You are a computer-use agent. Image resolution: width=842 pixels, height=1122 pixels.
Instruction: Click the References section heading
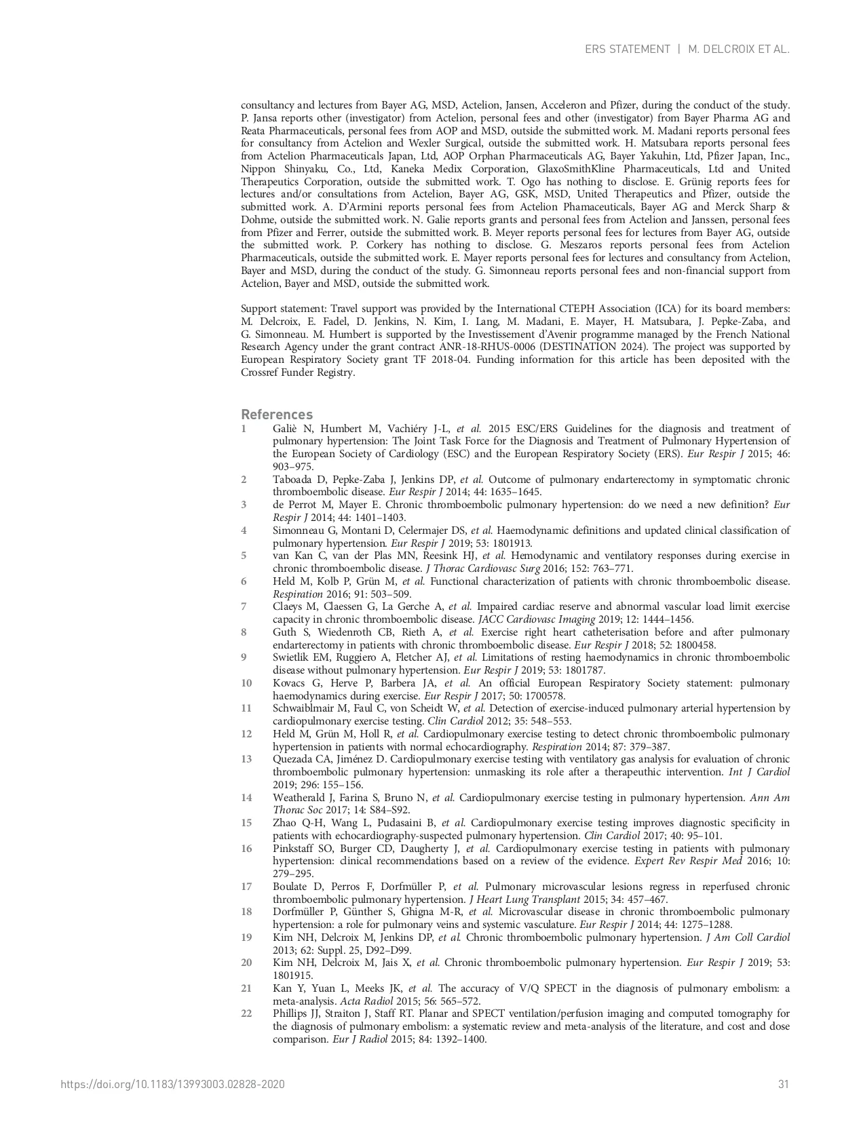[277, 414]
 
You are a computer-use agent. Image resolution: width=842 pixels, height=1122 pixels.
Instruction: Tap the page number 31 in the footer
[784, 1084]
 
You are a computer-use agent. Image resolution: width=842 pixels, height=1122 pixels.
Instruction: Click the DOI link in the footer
[172, 1084]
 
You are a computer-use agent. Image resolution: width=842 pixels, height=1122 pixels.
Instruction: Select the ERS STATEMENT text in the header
[627, 49]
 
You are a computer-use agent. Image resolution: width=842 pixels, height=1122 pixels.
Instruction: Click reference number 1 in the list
[244, 429]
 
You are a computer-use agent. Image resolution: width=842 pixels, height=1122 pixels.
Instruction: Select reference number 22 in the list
[246, 1013]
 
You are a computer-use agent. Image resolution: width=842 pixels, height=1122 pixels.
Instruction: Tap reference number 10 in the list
[246, 682]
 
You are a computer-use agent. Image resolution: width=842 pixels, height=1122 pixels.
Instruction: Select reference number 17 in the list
[246, 887]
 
